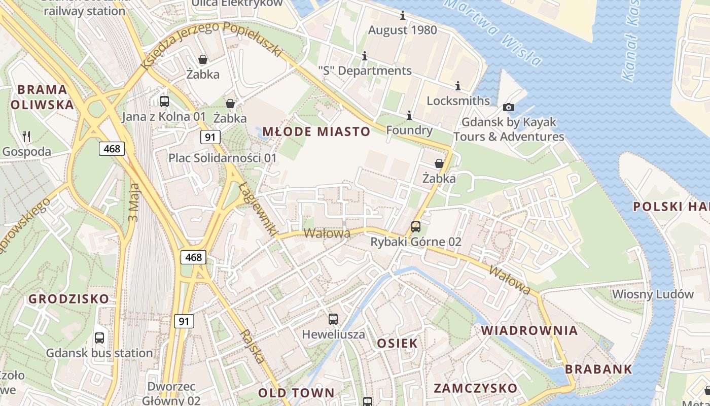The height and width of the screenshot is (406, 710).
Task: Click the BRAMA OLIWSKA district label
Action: pos(42,97)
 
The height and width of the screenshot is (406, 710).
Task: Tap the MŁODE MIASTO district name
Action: pos(316,132)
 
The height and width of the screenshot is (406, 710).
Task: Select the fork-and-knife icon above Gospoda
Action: pos(26,137)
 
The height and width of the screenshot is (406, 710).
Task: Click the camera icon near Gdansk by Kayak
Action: pos(508,107)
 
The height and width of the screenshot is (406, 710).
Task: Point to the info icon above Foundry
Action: pos(409,116)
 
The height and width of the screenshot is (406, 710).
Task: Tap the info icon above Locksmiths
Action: pos(458,86)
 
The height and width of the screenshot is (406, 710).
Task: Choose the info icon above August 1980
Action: pos(403,15)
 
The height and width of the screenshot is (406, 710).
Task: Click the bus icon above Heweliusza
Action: pos(333,319)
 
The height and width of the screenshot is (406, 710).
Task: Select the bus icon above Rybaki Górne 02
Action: pos(416,226)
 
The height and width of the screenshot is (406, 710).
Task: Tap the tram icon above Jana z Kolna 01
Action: pos(164,101)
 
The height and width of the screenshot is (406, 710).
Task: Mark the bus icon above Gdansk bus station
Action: pos(99,337)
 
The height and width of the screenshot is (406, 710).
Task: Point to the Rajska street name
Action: pos(253,347)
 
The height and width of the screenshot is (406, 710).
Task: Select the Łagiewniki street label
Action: pos(258,209)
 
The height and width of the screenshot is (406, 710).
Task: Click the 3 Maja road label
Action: pos(134,203)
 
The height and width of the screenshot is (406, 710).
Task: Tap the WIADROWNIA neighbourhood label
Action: pos(529,330)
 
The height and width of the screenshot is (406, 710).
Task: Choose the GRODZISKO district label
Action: pos(68,298)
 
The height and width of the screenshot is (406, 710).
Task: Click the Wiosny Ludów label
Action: pos(652,294)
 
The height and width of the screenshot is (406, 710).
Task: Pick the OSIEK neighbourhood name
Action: pos(397,343)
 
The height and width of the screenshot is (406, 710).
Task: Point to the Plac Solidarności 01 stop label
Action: pos(223,158)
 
